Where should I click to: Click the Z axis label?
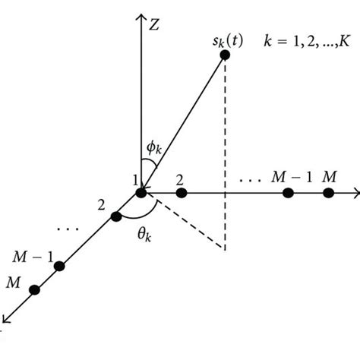153,24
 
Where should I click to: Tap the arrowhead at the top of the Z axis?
141,16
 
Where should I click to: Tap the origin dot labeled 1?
142,194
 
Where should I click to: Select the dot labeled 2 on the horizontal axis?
181,194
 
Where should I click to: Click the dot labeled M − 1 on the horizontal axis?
289,194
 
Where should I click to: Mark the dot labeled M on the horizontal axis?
328,194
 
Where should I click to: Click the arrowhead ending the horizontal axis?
355,194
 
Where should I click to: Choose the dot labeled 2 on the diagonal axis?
115,217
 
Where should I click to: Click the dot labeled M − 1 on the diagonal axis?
58,266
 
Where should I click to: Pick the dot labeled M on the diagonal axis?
33,289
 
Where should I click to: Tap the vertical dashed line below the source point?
226,152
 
